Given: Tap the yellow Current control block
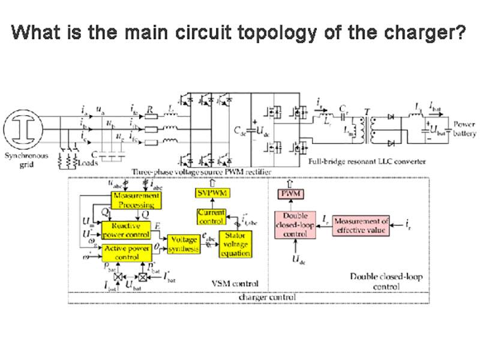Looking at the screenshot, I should coord(212,217).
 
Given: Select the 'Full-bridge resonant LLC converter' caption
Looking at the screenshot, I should coord(367,161).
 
